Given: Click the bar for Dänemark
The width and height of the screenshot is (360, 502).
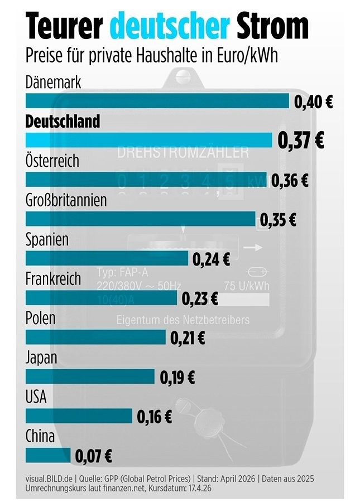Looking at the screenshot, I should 156,100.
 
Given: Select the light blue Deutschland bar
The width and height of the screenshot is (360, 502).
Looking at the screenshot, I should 148,139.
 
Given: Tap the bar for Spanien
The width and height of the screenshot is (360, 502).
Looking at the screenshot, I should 106,258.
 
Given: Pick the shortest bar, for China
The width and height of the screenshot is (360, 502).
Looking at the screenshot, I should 48,456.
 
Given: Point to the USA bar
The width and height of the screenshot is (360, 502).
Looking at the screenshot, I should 78,416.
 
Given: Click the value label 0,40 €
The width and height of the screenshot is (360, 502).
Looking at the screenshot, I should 313,102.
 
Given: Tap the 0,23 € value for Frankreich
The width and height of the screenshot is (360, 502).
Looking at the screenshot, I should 199,298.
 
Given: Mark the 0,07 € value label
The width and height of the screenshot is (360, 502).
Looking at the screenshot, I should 93,457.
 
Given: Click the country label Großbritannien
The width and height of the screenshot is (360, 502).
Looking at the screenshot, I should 66,200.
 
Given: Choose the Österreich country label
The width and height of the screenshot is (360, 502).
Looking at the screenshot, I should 52,161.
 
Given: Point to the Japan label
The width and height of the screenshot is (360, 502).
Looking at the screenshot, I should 41,358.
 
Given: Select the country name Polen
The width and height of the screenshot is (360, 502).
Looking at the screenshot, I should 41,318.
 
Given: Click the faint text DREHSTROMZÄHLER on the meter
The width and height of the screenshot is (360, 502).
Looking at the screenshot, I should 183,152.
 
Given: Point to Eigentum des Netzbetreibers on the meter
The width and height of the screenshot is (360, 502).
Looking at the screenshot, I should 183,320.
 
